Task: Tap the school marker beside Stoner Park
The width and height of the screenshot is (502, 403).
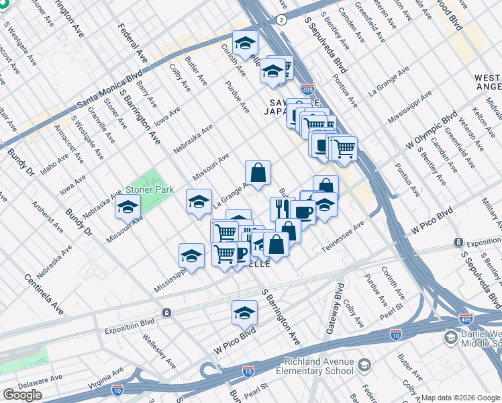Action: pyautogui.click(x=127, y=208)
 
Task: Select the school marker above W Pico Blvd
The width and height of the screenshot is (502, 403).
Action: pyautogui.click(x=244, y=312)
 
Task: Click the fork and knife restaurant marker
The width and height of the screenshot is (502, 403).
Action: pyautogui.click(x=281, y=208)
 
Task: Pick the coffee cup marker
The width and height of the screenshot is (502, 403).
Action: pyautogui.click(x=303, y=213)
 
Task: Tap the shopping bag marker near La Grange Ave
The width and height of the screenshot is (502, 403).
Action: pyautogui.click(x=258, y=173)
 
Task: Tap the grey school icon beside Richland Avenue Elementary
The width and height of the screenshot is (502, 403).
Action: pyautogui.click(x=364, y=365)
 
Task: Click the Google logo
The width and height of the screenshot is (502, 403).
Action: pyautogui.click(x=22, y=395)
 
